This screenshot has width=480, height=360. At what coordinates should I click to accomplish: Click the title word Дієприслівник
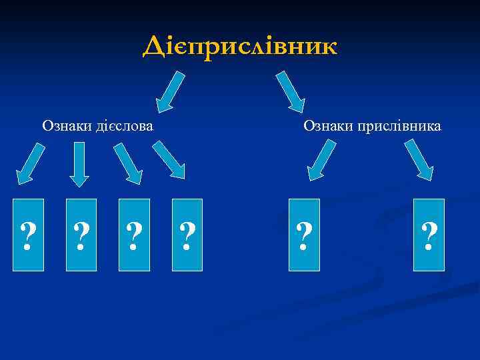click(240, 46)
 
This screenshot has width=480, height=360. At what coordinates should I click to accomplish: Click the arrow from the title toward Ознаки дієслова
click(171, 90)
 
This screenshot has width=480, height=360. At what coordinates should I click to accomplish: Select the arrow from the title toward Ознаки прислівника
click(291, 90)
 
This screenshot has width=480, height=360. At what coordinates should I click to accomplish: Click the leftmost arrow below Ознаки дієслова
click(30, 163)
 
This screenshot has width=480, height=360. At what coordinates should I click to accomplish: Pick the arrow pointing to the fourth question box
click(169, 161)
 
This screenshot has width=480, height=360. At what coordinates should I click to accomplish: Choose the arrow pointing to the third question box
click(128, 163)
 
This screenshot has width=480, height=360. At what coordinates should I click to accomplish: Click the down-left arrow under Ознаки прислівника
click(322, 161)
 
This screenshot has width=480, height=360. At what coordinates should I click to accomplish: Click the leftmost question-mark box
click(29, 235)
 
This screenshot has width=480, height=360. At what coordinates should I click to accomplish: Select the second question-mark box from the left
click(81, 235)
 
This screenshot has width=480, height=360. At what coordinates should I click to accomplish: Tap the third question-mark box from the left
click(134, 235)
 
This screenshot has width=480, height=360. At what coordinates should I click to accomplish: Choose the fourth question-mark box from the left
click(187, 235)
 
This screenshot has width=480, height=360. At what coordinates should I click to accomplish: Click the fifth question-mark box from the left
click(304, 235)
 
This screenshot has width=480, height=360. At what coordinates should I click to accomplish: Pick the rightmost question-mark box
click(429, 235)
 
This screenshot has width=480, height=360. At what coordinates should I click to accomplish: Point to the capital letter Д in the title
click(153, 47)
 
